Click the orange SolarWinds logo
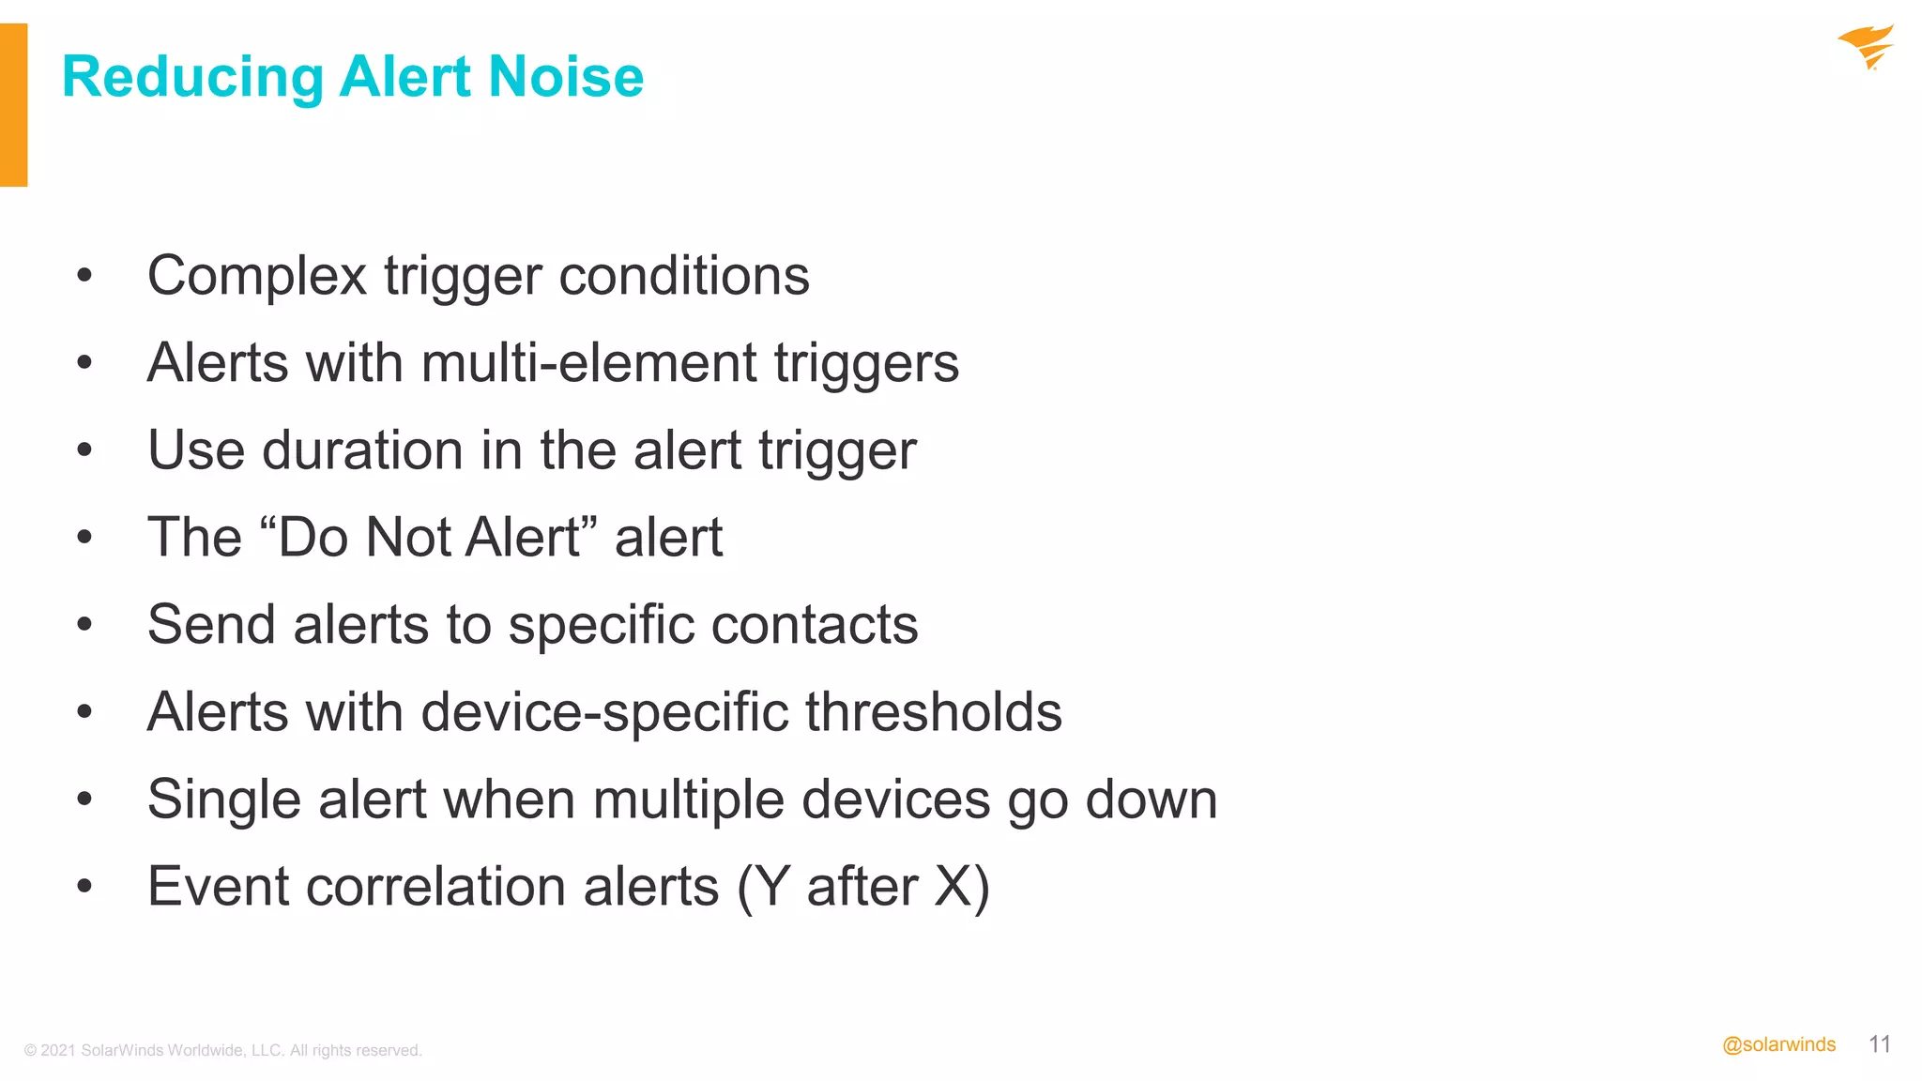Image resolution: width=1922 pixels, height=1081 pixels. coord(1866,47)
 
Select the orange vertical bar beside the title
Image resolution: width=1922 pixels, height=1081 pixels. coord(13,105)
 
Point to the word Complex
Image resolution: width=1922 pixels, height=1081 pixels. coord(256,277)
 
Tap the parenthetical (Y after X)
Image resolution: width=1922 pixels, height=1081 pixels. coord(863,888)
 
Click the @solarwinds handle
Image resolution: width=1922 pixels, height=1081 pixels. coord(1778,1044)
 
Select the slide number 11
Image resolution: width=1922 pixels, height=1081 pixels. coord(1879,1044)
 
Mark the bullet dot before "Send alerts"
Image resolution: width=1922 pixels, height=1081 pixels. coord(84,624)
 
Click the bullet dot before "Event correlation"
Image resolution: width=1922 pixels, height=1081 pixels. coord(84,886)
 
